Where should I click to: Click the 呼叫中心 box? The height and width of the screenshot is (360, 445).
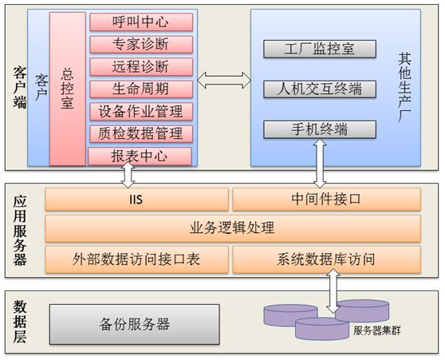click(x=141, y=22)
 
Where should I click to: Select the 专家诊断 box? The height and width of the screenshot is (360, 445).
click(x=141, y=45)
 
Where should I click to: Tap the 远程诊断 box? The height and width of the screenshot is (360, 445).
click(x=141, y=67)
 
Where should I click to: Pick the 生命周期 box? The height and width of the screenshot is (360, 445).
click(x=141, y=89)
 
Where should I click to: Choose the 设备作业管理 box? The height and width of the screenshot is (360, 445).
click(x=141, y=112)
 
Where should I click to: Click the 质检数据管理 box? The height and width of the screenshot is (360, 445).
click(x=141, y=134)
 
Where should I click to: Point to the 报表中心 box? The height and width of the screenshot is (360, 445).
click(x=140, y=156)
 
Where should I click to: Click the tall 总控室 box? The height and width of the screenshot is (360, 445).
click(x=68, y=89)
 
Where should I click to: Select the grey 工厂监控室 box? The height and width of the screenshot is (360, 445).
click(x=320, y=49)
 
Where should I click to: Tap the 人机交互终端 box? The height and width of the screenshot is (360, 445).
click(x=320, y=89)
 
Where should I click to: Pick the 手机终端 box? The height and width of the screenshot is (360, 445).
click(x=320, y=129)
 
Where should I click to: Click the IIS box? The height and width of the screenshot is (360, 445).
click(x=137, y=200)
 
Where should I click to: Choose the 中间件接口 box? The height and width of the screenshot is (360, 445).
click(x=327, y=200)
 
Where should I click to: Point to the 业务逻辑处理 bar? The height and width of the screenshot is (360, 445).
click(x=233, y=228)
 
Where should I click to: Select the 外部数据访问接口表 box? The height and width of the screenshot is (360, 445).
click(x=137, y=259)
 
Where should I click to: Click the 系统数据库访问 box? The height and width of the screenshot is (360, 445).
click(x=327, y=259)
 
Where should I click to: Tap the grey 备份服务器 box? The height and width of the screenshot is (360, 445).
click(x=135, y=325)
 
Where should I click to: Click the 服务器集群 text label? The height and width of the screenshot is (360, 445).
click(x=377, y=330)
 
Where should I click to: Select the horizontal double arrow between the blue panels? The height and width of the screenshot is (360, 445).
click(x=224, y=81)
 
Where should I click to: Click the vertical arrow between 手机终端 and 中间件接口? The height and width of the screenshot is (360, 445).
click(x=320, y=164)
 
